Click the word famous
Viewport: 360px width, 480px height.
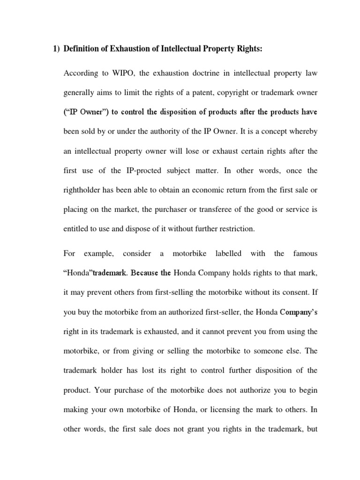305,254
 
